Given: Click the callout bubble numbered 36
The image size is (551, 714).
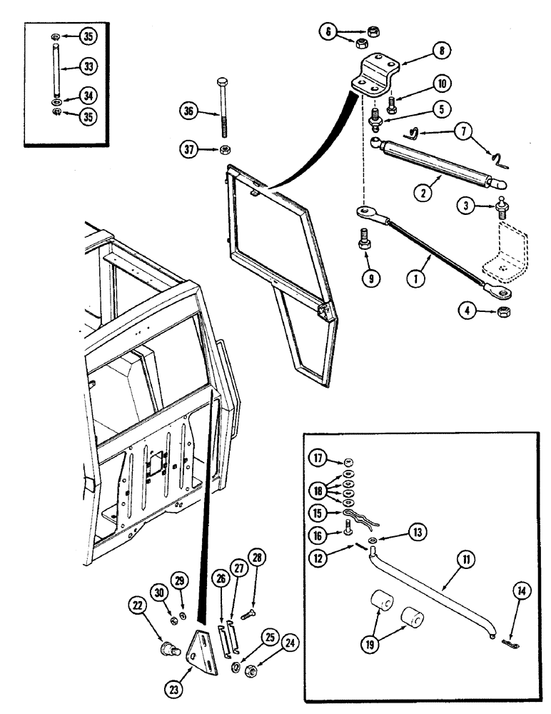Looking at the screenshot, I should (x=188, y=112).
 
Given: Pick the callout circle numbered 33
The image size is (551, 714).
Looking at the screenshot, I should (x=88, y=66).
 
